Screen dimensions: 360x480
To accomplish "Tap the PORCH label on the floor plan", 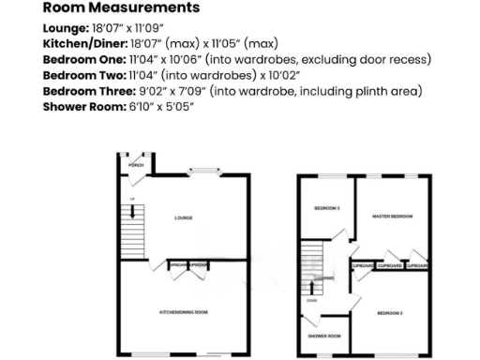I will pyautogui.click(x=137, y=164).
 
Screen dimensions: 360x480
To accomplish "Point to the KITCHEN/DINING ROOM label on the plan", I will pyautogui.click(x=184, y=311).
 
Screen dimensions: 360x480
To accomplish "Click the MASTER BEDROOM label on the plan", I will pyautogui.click(x=392, y=217).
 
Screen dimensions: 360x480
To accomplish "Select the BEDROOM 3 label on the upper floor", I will pyautogui.click(x=327, y=208).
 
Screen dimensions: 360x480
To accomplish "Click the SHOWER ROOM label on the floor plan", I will pyautogui.click(x=327, y=335).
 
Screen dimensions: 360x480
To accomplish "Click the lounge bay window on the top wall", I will pyautogui.click(x=202, y=172).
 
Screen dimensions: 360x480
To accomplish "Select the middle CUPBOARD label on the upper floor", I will pyautogui.click(x=390, y=266).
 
